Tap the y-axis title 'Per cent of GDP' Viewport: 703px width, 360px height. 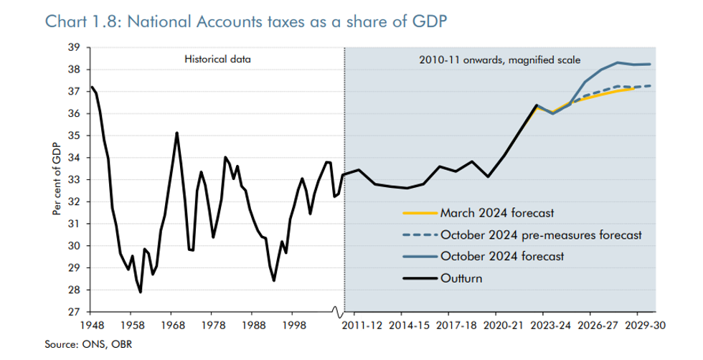coord(57,180)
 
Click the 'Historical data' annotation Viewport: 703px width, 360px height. coord(218,60)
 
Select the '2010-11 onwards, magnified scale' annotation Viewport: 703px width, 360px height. coord(499,60)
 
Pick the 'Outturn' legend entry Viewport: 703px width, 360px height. coord(462,278)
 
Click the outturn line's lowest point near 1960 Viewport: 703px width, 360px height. coord(141,292)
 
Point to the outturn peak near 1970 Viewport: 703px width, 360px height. coord(176,133)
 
